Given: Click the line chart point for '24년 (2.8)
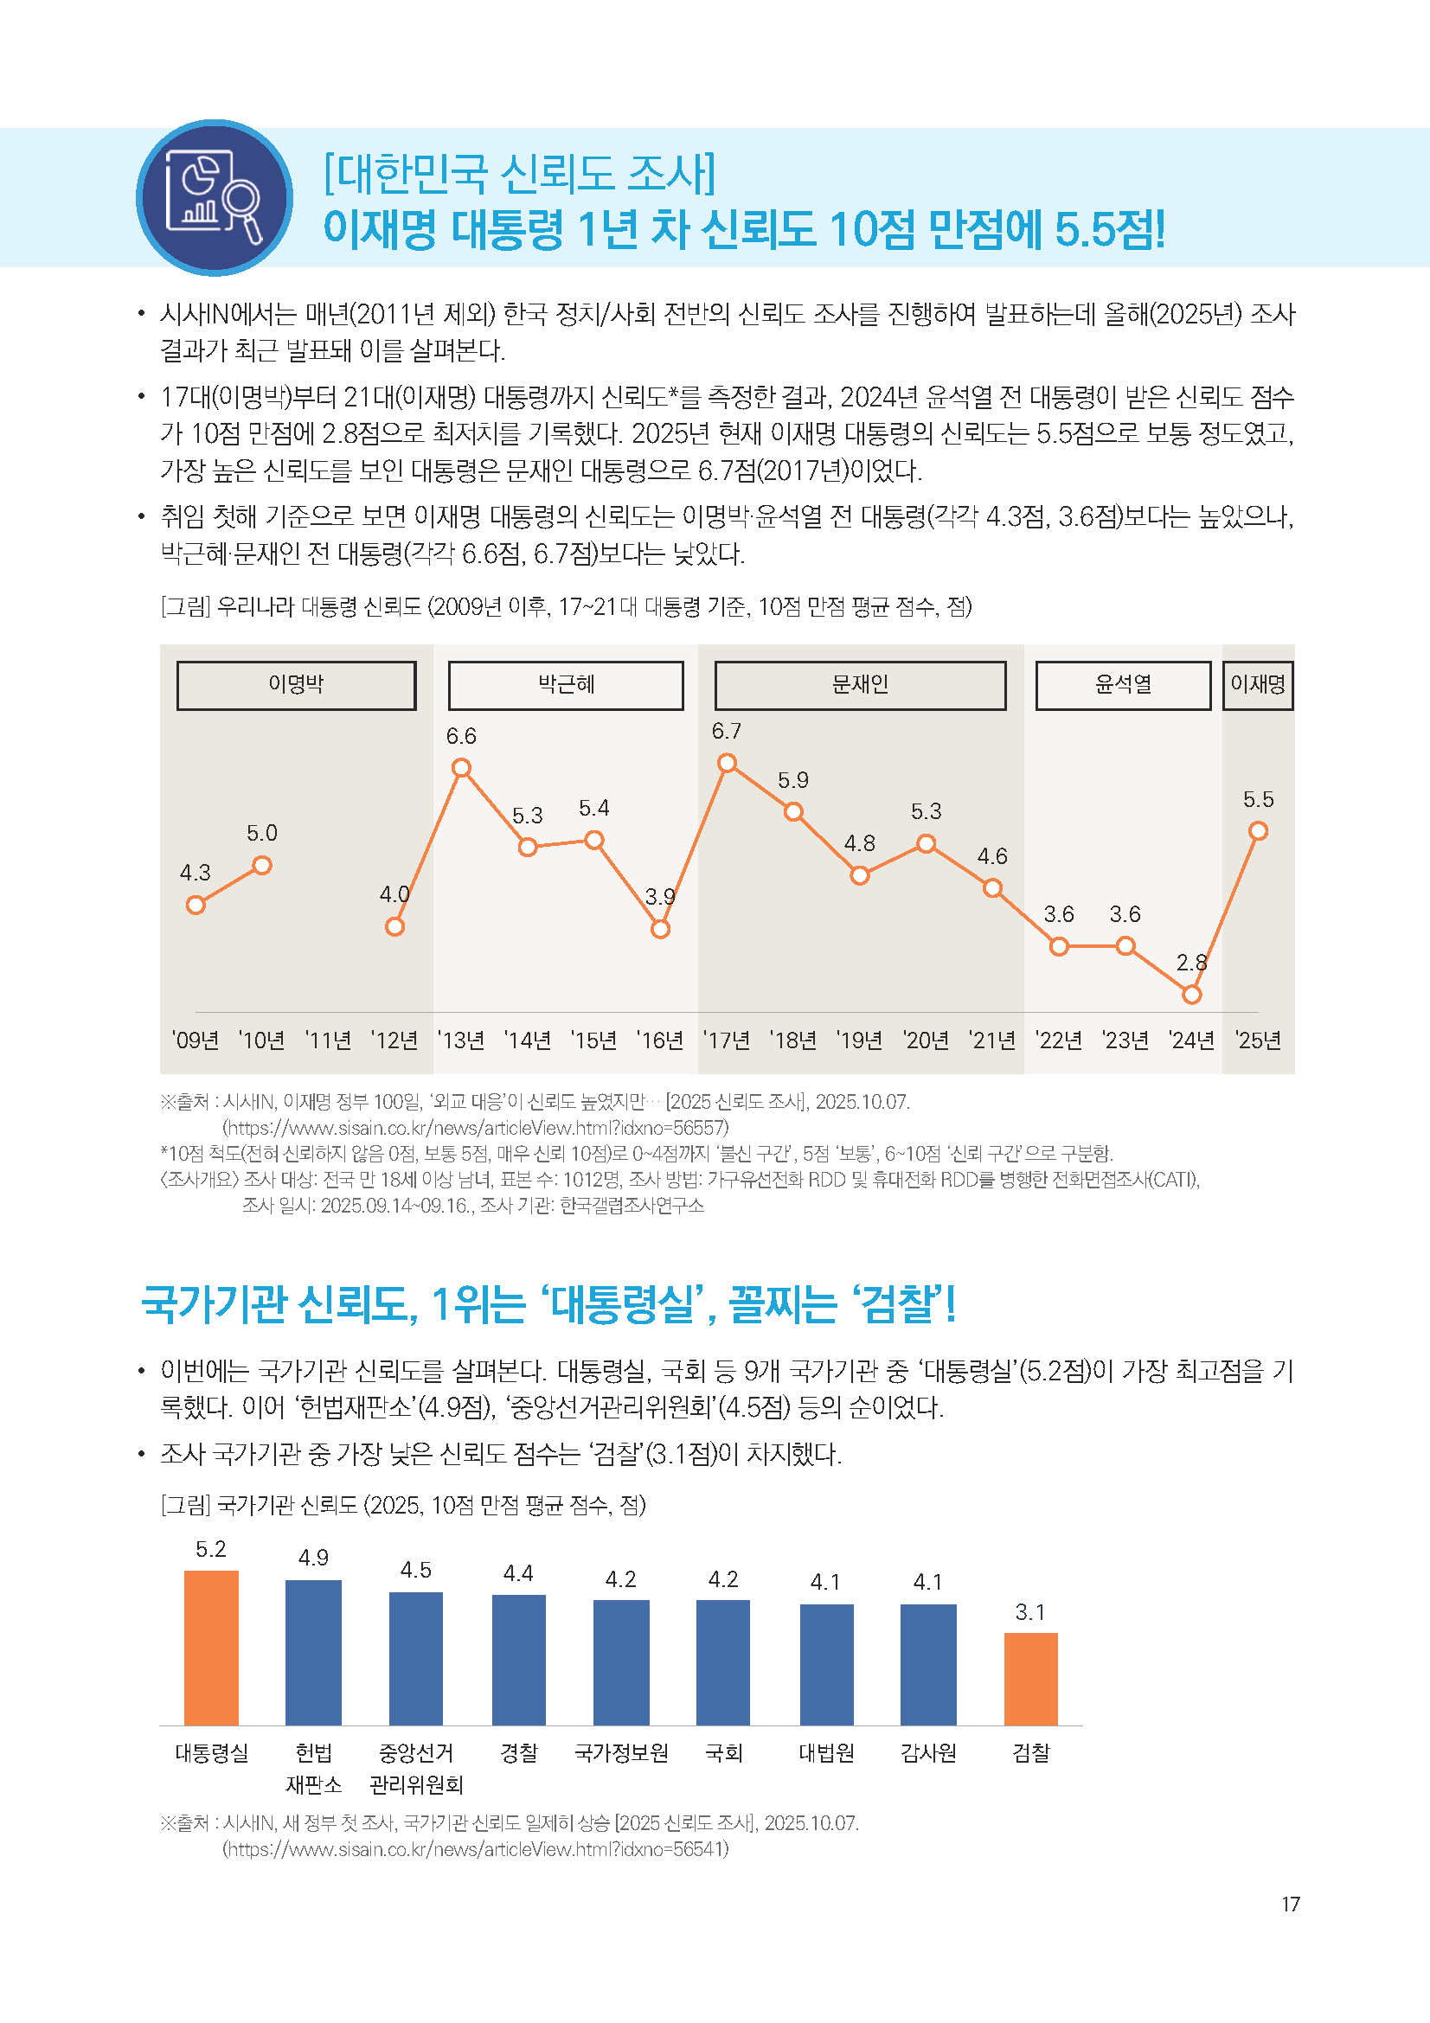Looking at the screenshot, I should pyautogui.click(x=1191, y=995).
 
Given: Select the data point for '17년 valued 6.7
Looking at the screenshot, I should pyautogui.click(x=727, y=763).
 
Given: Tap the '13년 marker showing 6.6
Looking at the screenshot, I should pyautogui.click(x=461, y=768).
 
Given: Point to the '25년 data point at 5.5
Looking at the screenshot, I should pyautogui.click(x=1258, y=831).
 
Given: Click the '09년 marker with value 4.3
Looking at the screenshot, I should pyautogui.click(x=196, y=905).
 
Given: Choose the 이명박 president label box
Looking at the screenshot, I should pyautogui.click(x=296, y=685).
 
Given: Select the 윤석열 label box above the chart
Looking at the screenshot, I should pyautogui.click(x=1123, y=685).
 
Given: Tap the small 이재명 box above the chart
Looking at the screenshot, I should pyautogui.click(x=1257, y=685).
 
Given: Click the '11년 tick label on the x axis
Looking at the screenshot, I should pyautogui.click(x=329, y=1040).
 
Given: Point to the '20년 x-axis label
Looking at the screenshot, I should pyautogui.click(x=926, y=1040).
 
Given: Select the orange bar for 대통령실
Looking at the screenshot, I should pyautogui.click(x=211, y=1647).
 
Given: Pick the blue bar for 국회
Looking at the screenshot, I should pyautogui.click(x=722, y=1661).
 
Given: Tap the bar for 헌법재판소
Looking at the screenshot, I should pyautogui.click(x=314, y=1652).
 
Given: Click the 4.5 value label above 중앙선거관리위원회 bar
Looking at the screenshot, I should pyautogui.click(x=416, y=1569).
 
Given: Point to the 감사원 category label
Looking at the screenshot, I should pyautogui.click(x=927, y=1751).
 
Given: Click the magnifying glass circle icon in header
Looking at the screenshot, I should pyautogui.click(x=214, y=197).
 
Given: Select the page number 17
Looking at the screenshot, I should pyautogui.click(x=1291, y=1904).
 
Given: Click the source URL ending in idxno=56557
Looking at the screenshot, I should pyautogui.click(x=476, y=1128).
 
